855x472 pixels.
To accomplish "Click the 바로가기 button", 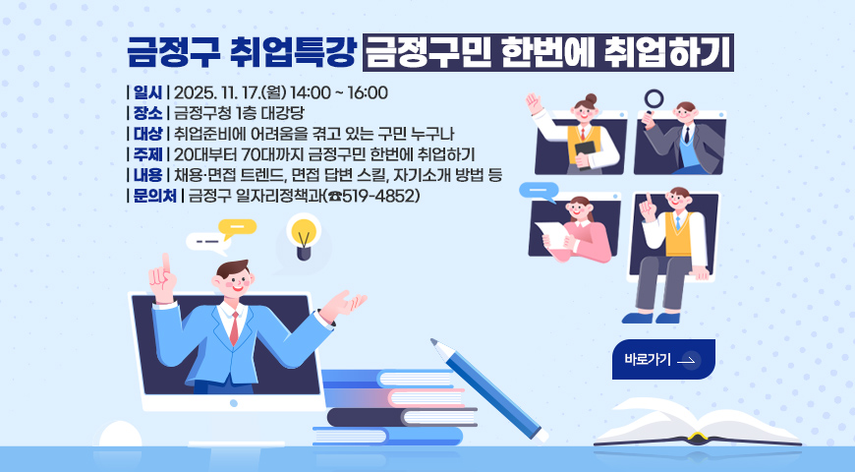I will point(662,360).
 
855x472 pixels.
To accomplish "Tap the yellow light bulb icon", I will point(304,236).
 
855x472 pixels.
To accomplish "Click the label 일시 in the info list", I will point(146,93).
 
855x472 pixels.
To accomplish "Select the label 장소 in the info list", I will point(146,112).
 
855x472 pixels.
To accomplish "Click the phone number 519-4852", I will point(378,196).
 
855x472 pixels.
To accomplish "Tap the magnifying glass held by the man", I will point(654,99).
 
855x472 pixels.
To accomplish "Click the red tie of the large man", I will point(234,328).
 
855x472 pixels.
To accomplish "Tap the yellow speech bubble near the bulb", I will point(237,226).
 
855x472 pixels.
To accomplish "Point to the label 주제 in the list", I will point(146,154).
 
